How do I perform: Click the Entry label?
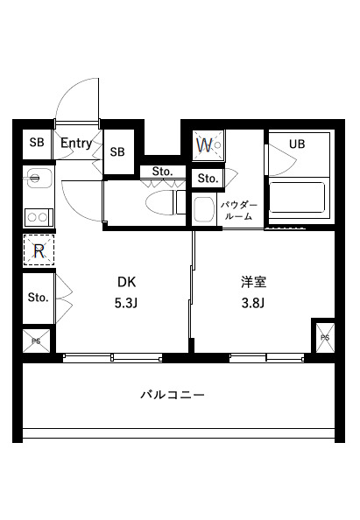point(78,143)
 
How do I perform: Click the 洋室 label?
point(253,282)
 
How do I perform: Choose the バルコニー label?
point(173,396)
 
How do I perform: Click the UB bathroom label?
point(298,144)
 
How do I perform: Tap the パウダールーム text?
point(237,209)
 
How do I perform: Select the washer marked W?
point(208,145)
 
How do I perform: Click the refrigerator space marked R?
point(39,251)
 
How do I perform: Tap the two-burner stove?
point(36,214)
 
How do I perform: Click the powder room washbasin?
point(204,210)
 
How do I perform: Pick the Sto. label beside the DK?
point(38,298)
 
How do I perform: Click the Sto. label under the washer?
point(208,179)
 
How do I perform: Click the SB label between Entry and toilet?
point(117,151)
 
